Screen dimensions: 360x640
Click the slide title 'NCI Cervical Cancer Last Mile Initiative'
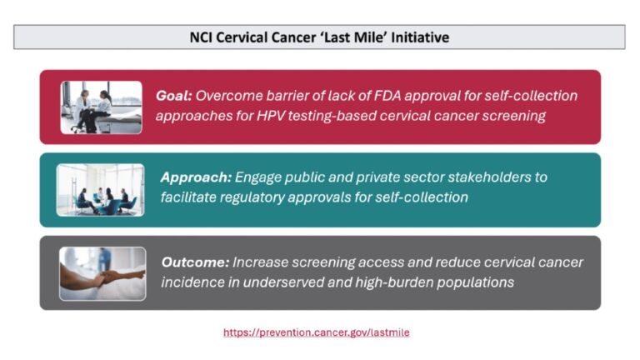pyautogui.click(x=320, y=37)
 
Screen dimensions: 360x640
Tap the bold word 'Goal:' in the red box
pyautogui.click(x=174, y=96)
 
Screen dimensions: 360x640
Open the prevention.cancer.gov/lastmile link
pyautogui.click(x=316, y=332)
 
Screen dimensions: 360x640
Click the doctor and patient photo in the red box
pyautogui.click(x=101, y=107)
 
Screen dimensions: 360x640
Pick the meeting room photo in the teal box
pyautogui.click(x=100, y=190)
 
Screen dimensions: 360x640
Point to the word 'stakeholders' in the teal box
pyautogui.click(x=487, y=177)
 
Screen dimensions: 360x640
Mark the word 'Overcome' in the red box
pyautogui.click(x=227, y=96)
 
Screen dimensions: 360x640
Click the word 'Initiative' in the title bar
pyautogui.click(x=422, y=37)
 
